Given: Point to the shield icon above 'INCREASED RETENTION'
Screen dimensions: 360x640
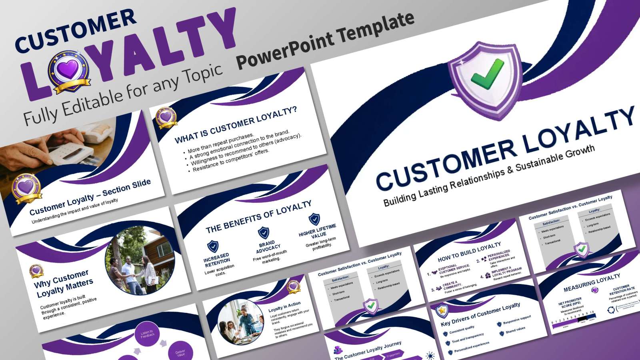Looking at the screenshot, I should click(x=213, y=246).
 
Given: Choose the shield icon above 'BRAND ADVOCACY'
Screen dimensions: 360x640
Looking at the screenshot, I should click(x=263, y=232).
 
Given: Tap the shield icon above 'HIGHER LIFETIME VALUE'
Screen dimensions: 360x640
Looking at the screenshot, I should click(x=314, y=219).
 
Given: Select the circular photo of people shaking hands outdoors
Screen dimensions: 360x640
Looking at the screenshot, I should click(x=131, y=260).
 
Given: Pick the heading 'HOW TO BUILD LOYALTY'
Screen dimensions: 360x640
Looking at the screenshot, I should click(x=469, y=252).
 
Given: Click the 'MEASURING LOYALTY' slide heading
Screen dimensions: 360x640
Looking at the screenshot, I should click(x=592, y=282).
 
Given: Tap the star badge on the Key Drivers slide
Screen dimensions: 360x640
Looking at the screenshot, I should click(x=442, y=310).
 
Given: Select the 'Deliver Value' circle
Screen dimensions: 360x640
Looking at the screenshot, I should click(x=180, y=353).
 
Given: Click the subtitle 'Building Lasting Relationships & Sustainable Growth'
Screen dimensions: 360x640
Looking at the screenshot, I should click(x=488, y=175).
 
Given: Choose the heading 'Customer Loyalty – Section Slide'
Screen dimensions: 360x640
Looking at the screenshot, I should click(x=90, y=196).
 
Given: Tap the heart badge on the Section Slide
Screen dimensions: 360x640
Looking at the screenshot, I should click(x=27, y=187).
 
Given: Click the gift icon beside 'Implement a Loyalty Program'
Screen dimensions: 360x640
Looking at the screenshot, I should click(x=488, y=275).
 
